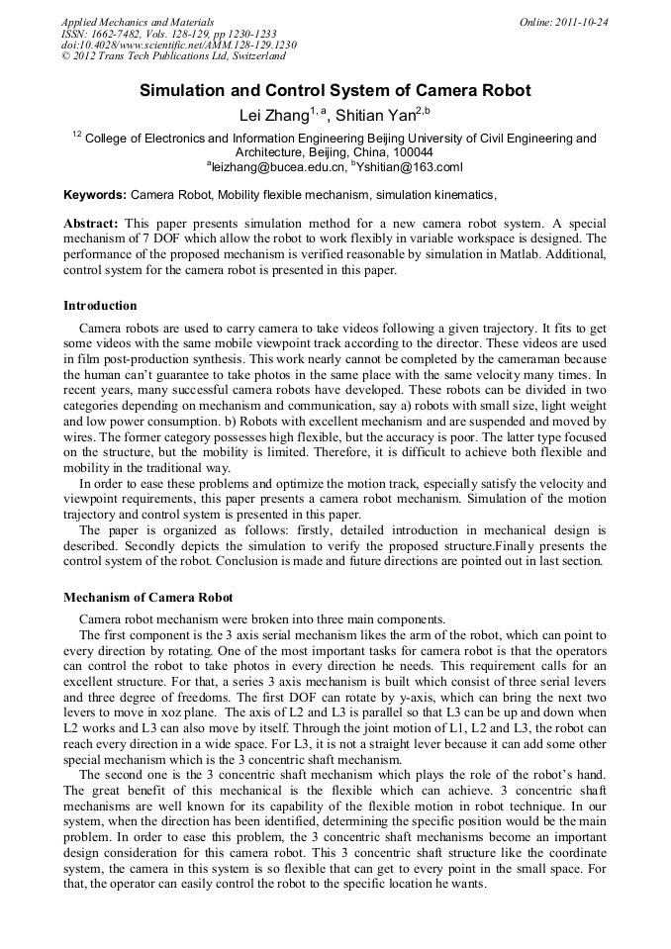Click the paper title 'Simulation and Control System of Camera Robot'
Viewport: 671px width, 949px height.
tap(335, 91)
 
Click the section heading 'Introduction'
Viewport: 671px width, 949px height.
tap(100, 306)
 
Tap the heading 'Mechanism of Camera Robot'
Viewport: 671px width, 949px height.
tap(148, 597)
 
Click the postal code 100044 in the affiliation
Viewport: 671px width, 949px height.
tap(409, 152)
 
